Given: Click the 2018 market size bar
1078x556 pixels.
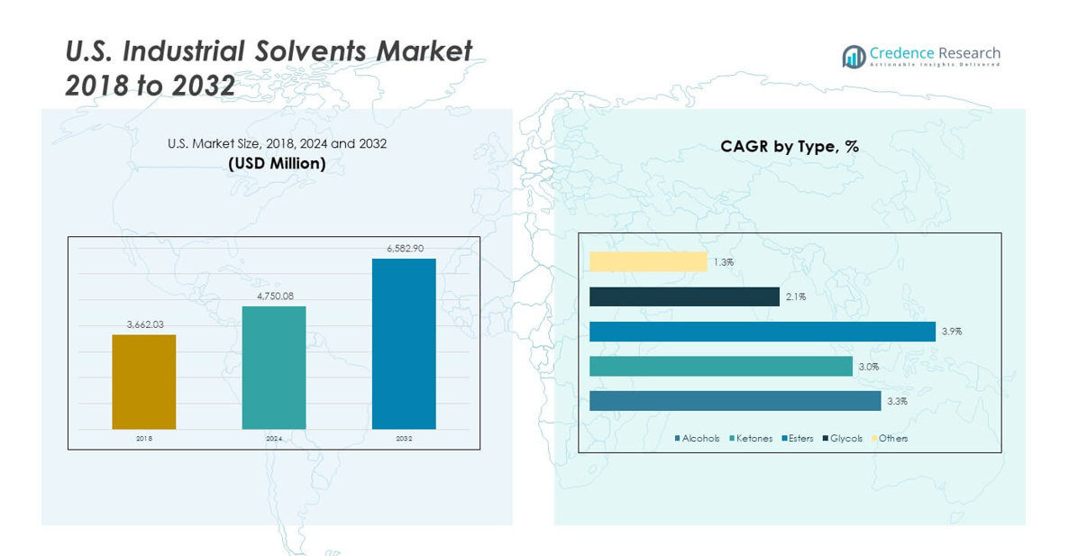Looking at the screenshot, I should (144, 381).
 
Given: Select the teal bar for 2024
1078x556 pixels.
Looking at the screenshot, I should (274, 367).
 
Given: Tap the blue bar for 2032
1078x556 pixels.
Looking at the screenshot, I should (404, 343).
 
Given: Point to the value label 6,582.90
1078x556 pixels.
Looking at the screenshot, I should (404, 248).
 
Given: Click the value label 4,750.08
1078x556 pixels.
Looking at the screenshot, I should (274, 296).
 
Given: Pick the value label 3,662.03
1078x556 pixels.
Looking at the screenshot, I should (144, 324).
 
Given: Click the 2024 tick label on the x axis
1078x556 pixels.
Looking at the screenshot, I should (274, 439).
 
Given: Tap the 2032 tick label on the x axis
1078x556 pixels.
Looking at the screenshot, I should (404, 439).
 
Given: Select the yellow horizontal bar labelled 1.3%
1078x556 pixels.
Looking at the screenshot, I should (648, 261).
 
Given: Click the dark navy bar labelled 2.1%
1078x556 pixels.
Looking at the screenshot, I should (684, 296).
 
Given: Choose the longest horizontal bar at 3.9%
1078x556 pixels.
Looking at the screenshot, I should (763, 332).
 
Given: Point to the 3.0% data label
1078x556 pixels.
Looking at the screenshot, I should (869, 367).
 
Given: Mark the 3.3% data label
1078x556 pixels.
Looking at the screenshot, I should (897, 401).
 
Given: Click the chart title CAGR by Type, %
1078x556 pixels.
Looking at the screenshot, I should (789, 146).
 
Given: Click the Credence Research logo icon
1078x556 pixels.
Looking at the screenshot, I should (854, 57).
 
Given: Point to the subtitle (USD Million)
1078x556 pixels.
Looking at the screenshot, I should (277, 163).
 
